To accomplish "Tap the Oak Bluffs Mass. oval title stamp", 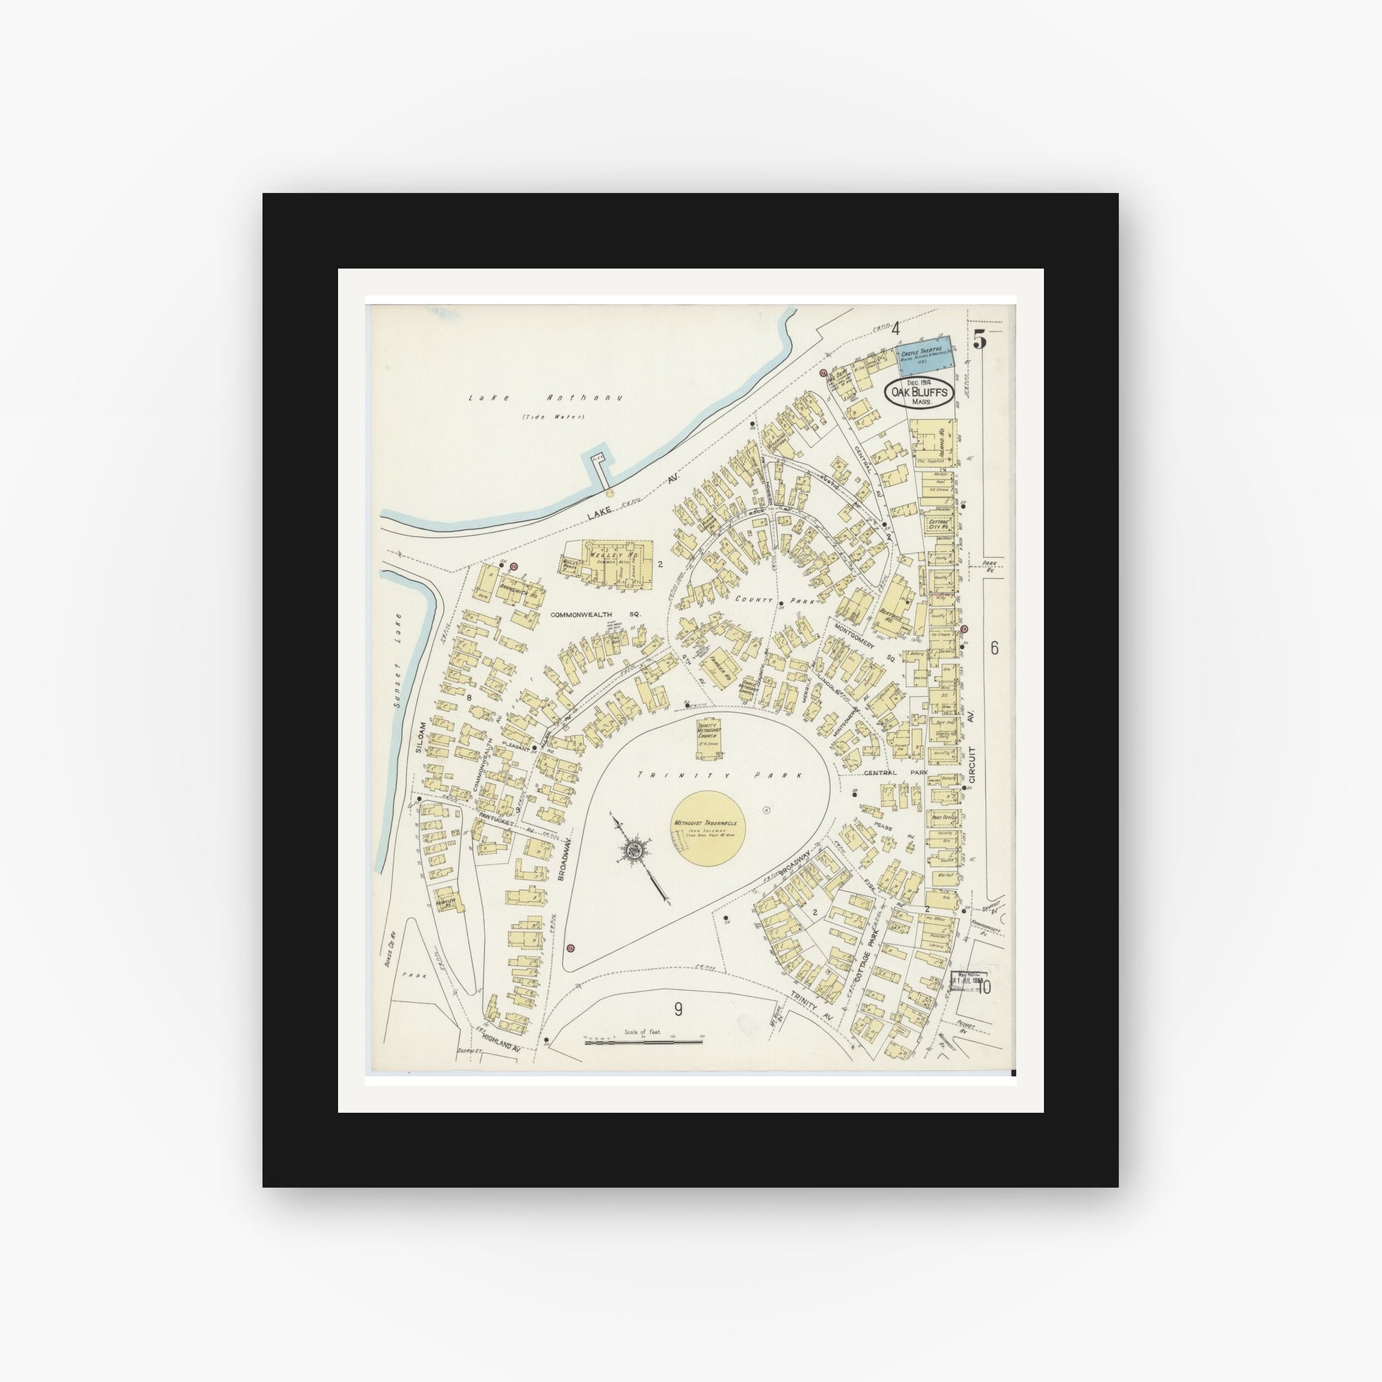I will [x=920, y=393].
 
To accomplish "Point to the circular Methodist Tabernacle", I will [x=709, y=827].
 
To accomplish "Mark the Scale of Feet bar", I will [x=643, y=1042].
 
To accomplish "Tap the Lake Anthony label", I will [x=545, y=398].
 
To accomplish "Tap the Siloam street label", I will [x=420, y=736].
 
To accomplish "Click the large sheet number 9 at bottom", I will [x=678, y=1010].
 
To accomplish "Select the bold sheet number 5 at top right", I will [x=979, y=341].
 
